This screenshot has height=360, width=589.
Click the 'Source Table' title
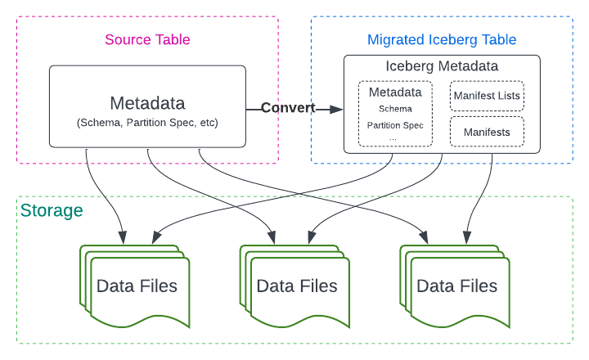click(146, 39)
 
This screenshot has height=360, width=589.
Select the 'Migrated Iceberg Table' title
click(442, 39)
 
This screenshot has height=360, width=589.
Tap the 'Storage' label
click(51, 211)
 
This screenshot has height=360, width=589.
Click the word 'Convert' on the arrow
click(287, 108)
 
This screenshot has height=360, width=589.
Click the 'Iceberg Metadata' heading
click(442, 65)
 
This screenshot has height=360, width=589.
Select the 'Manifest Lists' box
click(487, 97)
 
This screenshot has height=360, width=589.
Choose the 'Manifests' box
click(487, 132)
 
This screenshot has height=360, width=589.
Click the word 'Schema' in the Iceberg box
click(395, 108)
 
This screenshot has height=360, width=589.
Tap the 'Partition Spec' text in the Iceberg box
click(395, 125)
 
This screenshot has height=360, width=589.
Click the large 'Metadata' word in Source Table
click(147, 103)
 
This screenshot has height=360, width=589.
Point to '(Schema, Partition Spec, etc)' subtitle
click(147, 123)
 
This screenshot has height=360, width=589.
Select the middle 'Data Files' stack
click(296, 286)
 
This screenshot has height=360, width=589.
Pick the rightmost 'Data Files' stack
click(456, 286)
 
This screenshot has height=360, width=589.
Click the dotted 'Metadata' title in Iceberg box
click(395, 92)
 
